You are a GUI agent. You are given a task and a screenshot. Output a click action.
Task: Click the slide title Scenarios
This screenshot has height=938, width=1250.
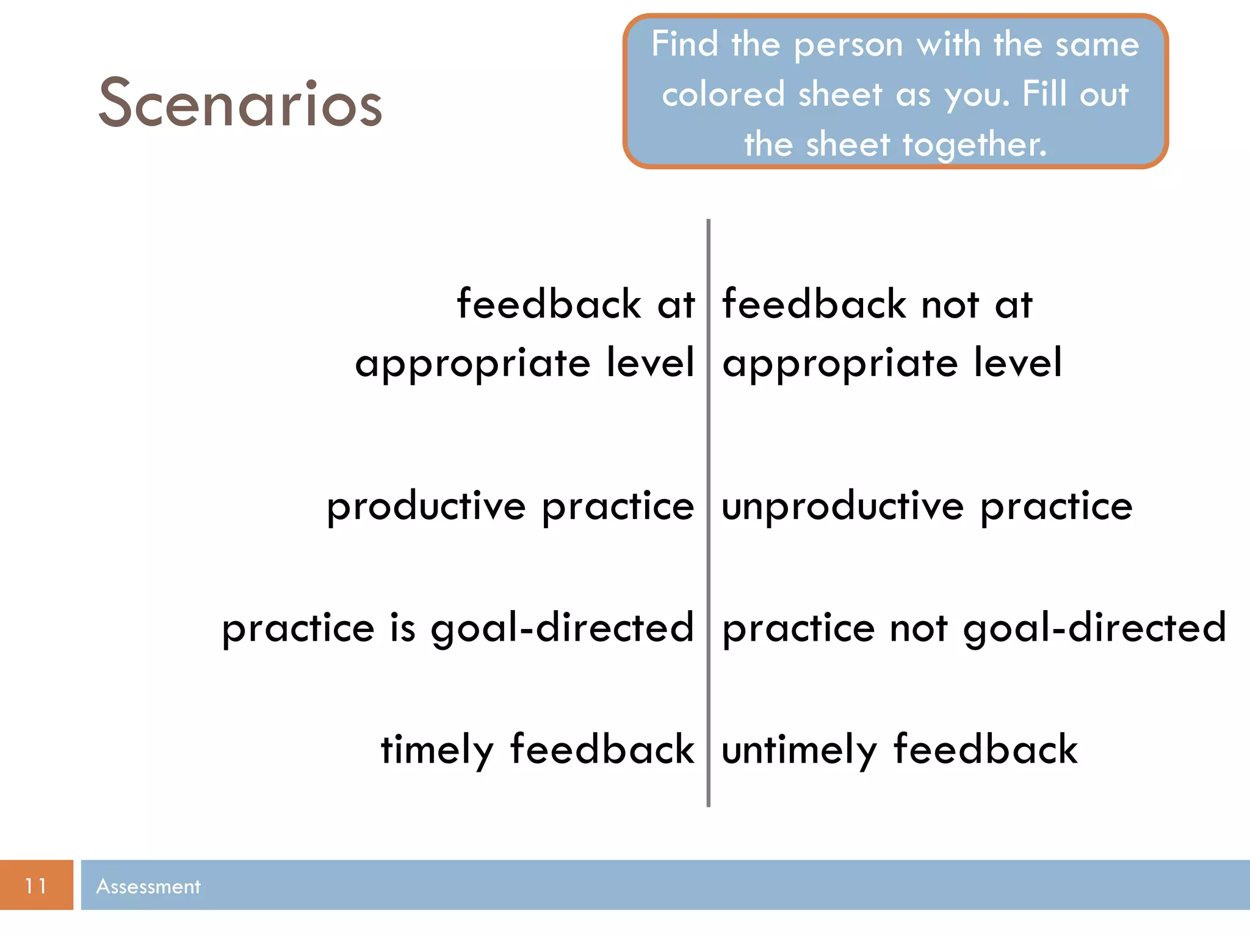[x=240, y=104]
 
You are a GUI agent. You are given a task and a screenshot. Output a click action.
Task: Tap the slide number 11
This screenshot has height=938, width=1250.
[x=36, y=885]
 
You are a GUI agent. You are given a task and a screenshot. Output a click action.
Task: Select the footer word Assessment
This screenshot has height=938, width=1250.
[x=148, y=886]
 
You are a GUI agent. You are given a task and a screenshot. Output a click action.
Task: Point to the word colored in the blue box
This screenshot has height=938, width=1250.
[x=723, y=95]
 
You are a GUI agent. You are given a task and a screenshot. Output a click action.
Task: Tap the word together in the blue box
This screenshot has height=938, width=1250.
[x=974, y=145]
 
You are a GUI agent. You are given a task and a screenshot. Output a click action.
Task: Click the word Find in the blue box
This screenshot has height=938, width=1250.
[x=684, y=45]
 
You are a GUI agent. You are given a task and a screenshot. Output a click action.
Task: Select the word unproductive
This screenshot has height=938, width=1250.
[x=843, y=507]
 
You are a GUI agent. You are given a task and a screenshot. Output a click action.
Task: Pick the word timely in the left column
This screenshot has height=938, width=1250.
[x=437, y=751]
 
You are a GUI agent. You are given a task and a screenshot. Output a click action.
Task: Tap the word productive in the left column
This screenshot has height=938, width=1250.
[x=426, y=507]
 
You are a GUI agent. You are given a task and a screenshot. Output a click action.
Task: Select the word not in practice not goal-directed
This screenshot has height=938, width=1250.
[x=919, y=628]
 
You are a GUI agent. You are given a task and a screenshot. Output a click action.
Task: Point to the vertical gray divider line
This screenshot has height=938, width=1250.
[x=708, y=550]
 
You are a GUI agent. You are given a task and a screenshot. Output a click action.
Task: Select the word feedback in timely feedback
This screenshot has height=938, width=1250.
[x=602, y=749]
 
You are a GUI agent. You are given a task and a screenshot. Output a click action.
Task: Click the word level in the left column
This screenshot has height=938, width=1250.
[x=651, y=362]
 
